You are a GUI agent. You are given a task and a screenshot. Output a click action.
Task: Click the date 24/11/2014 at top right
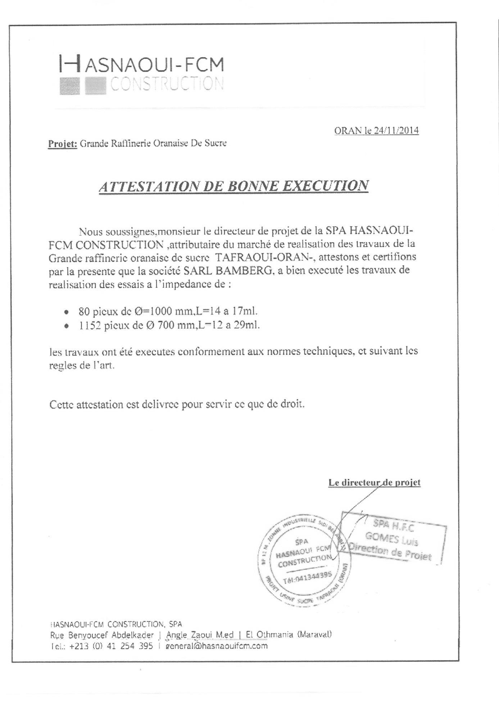point(396,131)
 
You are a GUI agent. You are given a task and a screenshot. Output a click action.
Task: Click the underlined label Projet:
point(63,144)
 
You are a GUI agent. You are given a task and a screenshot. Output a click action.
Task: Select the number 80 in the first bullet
point(84,311)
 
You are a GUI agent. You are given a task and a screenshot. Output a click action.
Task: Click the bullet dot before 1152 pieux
point(66,326)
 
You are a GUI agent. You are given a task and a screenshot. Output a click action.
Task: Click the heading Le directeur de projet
point(374,482)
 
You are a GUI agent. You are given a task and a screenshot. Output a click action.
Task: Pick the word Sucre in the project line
point(216,144)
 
